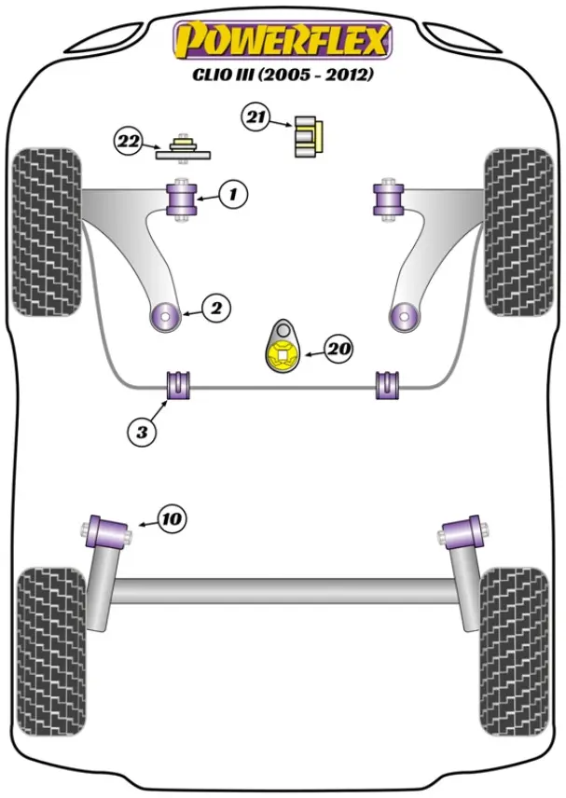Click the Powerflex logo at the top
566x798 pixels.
(283, 39)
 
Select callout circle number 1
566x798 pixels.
(234, 194)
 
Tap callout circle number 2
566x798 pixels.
(215, 308)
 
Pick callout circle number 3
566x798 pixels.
(142, 431)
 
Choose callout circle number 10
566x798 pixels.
(172, 518)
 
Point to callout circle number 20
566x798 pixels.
(338, 349)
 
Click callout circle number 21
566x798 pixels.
(255, 117)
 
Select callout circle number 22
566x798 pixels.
(128, 142)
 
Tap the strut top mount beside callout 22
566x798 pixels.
(184, 148)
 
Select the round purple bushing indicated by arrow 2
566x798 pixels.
(165, 317)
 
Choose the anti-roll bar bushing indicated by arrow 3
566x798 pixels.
(177, 384)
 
